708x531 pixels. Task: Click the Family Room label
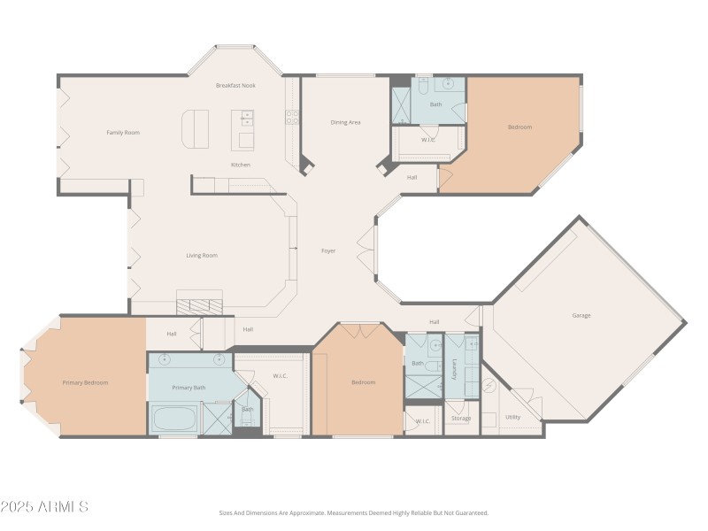click(x=123, y=133)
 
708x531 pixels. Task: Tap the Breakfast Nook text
click(x=235, y=86)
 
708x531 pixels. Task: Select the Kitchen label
click(x=240, y=165)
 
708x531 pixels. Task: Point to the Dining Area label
click(x=345, y=122)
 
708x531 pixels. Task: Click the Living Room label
click(x=202, y=256)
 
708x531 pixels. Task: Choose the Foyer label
click(x=328, y=251)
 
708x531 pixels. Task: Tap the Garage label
click(x=581, y=316)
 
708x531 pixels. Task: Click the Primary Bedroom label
click(x=85, y=383)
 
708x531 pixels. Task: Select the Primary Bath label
click(x=189, y=388)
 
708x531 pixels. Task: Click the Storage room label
click(x=460, y=419)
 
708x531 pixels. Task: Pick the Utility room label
click(x=512, y=417)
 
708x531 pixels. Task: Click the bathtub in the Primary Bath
click(x=174, y=418)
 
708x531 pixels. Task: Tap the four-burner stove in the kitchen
click(x=291, y=116)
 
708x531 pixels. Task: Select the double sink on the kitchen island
click(x=247, y=117)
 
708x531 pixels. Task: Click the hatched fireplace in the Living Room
click(x=198, y=305)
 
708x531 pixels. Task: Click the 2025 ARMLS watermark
click(x=44, y=507)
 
